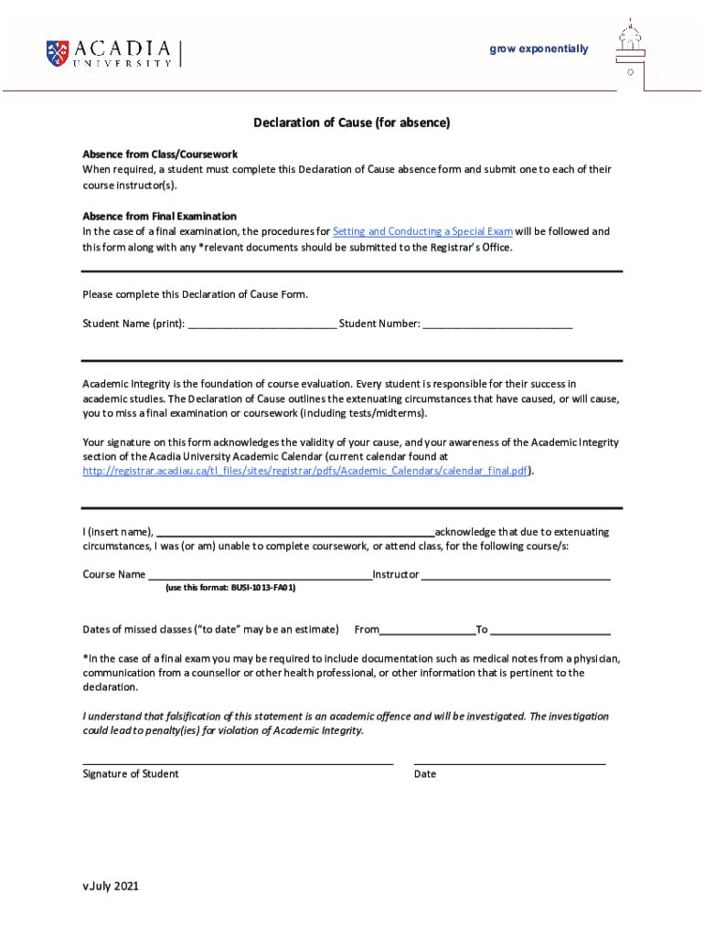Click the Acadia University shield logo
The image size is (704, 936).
click(x=57, y=53)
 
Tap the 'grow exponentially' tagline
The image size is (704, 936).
click(x=539, y=49)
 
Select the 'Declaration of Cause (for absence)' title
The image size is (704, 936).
click(x=352, y=122)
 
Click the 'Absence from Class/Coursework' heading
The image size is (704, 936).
click(x=160, y=154)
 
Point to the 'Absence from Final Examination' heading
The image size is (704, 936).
click(x=159, y=217)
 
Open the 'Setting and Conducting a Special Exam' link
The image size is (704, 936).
click(x=422, y=232)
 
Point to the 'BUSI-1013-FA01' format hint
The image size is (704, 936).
click(x=230, y=589)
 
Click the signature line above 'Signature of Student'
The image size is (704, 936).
click(x=238, y=761)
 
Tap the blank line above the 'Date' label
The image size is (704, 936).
click(x=509, y=761)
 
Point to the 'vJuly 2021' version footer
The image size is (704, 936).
click(x=111, y=887)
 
